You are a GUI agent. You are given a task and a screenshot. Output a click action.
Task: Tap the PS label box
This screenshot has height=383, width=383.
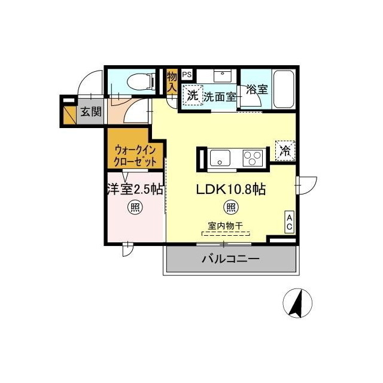coord(186,75)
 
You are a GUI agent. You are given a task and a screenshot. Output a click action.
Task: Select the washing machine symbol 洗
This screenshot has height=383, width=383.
coord(192,95)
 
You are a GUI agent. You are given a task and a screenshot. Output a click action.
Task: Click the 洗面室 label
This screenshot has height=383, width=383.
coord(219,96)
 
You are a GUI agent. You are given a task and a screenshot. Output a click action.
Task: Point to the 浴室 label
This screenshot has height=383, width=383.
coord(257,90)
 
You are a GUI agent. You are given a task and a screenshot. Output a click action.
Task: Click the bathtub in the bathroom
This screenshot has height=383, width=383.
coord(283,90)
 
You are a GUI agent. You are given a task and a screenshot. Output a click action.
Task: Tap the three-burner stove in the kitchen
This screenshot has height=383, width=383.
coord(252,159)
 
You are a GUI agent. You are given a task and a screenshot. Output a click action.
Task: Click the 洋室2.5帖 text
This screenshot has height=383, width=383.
coord(135,190)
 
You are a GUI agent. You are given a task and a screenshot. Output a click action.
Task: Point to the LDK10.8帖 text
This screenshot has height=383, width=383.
coord(231,190)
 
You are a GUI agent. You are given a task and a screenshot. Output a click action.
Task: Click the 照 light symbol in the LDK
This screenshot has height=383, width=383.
coord(230,208)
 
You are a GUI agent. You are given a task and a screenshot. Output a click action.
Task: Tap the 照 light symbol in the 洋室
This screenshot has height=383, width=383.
coord(135,208)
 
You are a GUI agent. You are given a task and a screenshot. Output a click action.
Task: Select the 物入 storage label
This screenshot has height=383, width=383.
coord(172,82)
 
